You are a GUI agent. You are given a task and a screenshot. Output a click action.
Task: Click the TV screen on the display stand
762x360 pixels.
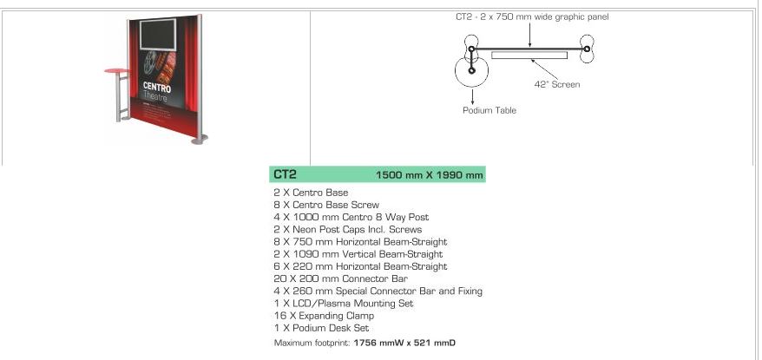(158, 34)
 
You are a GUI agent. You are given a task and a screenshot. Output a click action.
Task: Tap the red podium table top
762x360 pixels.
(117, 71)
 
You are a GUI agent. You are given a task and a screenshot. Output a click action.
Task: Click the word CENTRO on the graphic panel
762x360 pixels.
(157, 88)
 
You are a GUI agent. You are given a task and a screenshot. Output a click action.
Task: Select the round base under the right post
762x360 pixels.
(200, 140)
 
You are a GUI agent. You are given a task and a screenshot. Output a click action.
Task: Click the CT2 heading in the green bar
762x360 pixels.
(285, 173)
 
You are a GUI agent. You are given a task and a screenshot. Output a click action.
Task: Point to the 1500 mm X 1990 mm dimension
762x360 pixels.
(430, 175)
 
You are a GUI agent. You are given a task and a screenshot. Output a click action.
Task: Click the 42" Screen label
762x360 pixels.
(557, 84)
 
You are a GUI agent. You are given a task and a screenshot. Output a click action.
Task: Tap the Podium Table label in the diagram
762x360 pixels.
(489, 110)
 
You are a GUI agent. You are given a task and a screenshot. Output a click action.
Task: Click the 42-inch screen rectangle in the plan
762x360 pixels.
(529, 55)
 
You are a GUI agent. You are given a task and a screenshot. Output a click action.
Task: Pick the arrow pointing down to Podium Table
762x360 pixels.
(472, 95)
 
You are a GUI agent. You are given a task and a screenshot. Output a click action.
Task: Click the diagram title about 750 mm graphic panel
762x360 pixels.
(532, 16)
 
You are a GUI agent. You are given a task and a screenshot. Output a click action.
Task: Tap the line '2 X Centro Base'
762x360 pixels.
(311, 193)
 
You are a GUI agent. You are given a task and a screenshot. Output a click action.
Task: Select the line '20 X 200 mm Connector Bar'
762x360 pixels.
(341, 278)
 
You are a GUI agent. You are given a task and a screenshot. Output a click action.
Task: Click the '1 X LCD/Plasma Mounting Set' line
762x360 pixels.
(344, 304)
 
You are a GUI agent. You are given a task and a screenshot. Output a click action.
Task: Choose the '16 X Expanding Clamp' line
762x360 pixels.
(324, 316)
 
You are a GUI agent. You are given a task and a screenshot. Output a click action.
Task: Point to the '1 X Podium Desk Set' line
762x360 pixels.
(321, 328)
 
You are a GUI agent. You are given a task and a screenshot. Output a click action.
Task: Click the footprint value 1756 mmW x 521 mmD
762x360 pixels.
(404, 343)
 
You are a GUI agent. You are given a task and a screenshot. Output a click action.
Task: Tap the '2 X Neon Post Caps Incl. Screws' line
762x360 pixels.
(347, 229)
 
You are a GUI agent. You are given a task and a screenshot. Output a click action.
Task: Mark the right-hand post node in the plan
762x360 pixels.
(587, 49)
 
